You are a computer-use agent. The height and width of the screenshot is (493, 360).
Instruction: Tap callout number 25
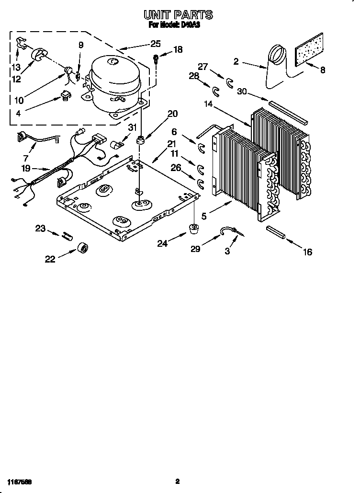[x=155, y=44]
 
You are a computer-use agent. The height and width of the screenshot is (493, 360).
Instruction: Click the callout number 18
[x=178, y=49]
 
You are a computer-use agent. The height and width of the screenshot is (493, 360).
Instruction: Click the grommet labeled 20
[x=140, y=140]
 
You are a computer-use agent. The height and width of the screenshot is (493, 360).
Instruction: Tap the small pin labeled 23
[x=67, y=235]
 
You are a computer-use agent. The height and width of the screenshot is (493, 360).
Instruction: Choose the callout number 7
[x=25, y=158]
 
